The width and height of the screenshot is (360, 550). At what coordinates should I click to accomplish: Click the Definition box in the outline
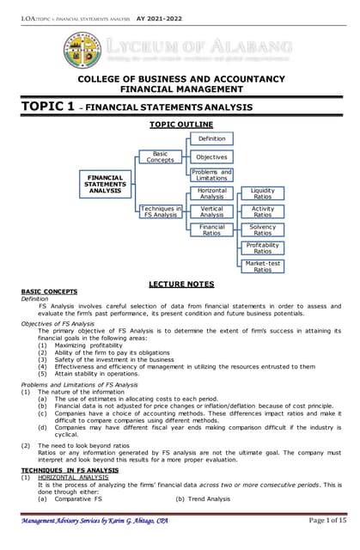point(211,139)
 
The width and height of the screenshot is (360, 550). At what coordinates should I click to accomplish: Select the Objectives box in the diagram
point(211,157)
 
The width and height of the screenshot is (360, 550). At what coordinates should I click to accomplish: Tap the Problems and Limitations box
point(211,175)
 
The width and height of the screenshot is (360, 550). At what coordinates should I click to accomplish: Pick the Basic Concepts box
point(160,157)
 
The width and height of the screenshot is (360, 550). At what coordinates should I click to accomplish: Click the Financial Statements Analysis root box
point(105,184)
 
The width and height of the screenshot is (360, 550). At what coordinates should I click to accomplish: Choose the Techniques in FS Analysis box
point(160,211)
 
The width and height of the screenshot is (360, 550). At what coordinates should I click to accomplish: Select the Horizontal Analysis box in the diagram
point(211,193)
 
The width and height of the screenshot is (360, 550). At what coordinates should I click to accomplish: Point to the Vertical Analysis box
point(211,211)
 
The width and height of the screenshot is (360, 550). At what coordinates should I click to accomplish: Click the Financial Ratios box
point(211,229)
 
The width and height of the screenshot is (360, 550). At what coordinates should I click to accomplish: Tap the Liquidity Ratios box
point(263,193)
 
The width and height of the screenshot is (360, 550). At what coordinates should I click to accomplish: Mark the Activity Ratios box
point(263,211)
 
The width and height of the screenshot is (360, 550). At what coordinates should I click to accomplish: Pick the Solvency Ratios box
point(263,229)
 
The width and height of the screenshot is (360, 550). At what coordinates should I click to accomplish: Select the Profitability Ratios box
point(263,247)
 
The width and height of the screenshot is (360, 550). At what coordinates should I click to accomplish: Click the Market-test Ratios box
point(263,266)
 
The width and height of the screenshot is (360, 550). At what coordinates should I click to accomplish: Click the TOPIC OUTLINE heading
point(180,125)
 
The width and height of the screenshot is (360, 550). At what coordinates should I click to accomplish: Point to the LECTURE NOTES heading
point(180,283)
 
